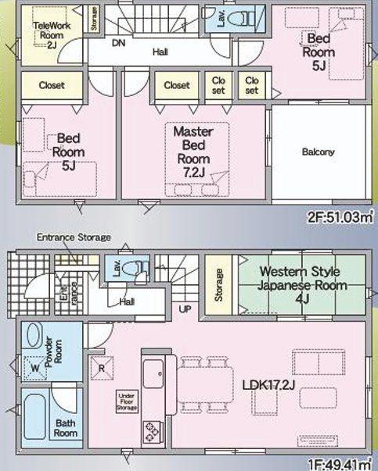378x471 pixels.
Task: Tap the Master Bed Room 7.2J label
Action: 193,152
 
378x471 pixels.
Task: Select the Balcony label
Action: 318,152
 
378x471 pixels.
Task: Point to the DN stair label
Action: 119,43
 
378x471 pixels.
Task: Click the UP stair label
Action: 185,309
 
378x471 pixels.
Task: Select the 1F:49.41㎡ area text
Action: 340,465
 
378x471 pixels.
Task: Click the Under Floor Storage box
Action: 127,401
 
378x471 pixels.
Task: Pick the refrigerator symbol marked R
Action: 102,368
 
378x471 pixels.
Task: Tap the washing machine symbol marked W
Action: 35,368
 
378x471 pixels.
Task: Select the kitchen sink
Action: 153,373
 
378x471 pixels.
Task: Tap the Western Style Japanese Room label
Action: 302,285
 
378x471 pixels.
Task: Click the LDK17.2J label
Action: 268,385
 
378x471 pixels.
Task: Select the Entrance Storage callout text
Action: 74,237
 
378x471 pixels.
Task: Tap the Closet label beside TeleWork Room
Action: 52,85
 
